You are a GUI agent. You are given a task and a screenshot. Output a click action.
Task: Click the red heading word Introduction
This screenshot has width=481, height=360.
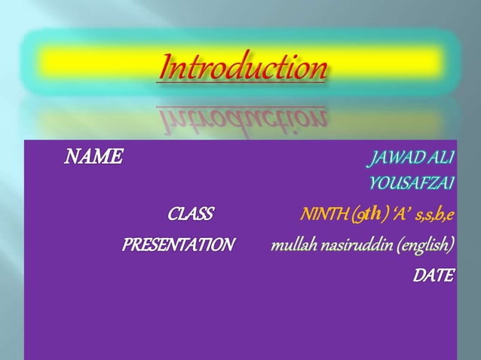[243, 69]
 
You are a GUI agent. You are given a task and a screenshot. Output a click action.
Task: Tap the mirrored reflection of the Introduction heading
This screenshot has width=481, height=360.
[243, 116]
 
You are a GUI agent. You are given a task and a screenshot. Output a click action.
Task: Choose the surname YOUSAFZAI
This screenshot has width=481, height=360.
[412, 183]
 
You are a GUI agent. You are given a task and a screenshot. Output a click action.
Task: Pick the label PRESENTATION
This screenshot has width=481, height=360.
[179, 246]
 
